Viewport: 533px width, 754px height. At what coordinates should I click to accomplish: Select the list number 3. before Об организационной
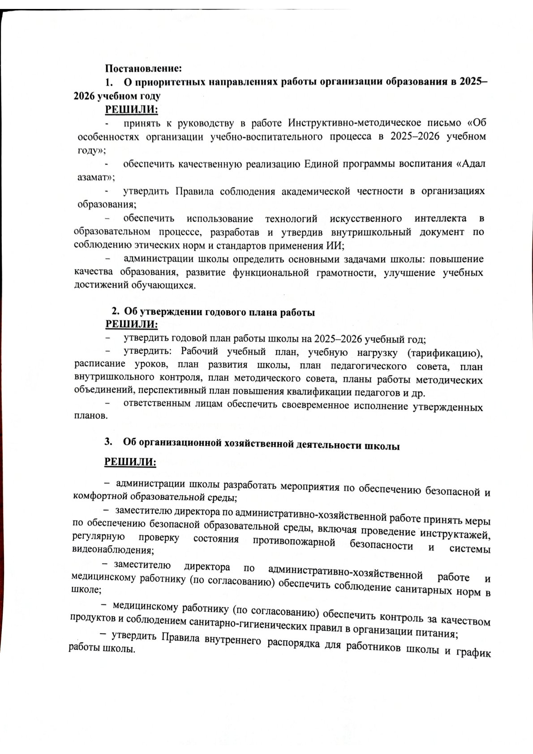click(108, 441)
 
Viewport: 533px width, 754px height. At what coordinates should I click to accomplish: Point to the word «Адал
click(470, 164)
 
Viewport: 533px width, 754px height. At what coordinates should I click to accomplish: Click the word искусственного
click(365, 219)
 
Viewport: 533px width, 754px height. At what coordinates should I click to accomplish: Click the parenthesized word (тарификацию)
click(445, 353)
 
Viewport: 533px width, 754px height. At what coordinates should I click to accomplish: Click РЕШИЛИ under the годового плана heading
click(131, 323)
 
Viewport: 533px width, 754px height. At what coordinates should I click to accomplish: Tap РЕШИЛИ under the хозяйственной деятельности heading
click(130, 462)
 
